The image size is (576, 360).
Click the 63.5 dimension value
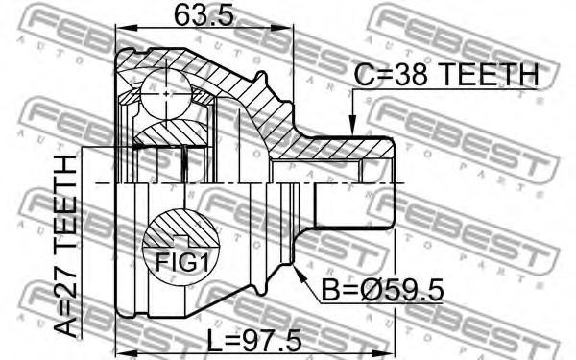[x=204, y=15]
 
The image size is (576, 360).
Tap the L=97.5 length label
[x=253, y=341]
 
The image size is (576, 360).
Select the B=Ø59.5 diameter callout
[x=382, y=290]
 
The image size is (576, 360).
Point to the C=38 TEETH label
[x=446, y=75]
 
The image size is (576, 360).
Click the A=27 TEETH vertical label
[x=65, y=246]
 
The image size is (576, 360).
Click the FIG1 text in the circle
[x=181, y=262]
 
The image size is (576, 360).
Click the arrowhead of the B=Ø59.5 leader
[x=299, y=271]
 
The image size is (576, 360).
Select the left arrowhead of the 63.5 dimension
[x=126, y=28]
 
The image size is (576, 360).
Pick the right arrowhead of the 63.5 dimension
[x=282, y=28]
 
